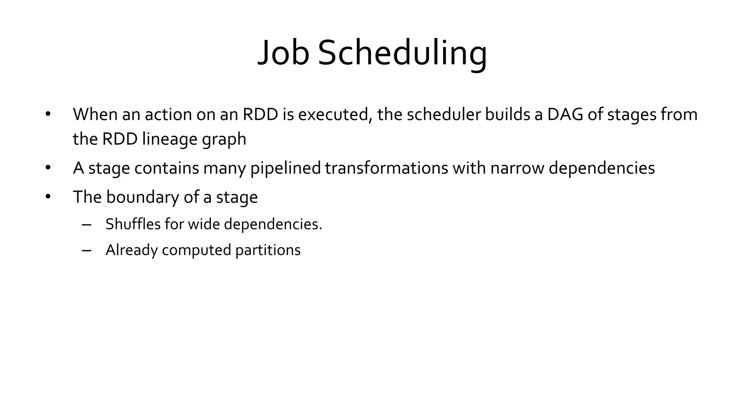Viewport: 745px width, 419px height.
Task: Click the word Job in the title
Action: coord(283,53)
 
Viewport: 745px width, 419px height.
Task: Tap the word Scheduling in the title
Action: coord(402,53)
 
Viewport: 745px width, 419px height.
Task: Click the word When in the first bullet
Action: coord(95,114)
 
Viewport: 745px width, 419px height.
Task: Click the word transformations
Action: coord(386,168)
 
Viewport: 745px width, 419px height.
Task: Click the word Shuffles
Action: coord(133,224)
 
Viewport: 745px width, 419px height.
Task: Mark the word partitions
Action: coord(268,250)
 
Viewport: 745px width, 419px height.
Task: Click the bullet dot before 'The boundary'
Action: coord(48,197)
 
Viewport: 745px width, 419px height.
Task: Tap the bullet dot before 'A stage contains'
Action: coord(48,168)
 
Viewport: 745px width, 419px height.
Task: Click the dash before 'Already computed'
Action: coord(86,251)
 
